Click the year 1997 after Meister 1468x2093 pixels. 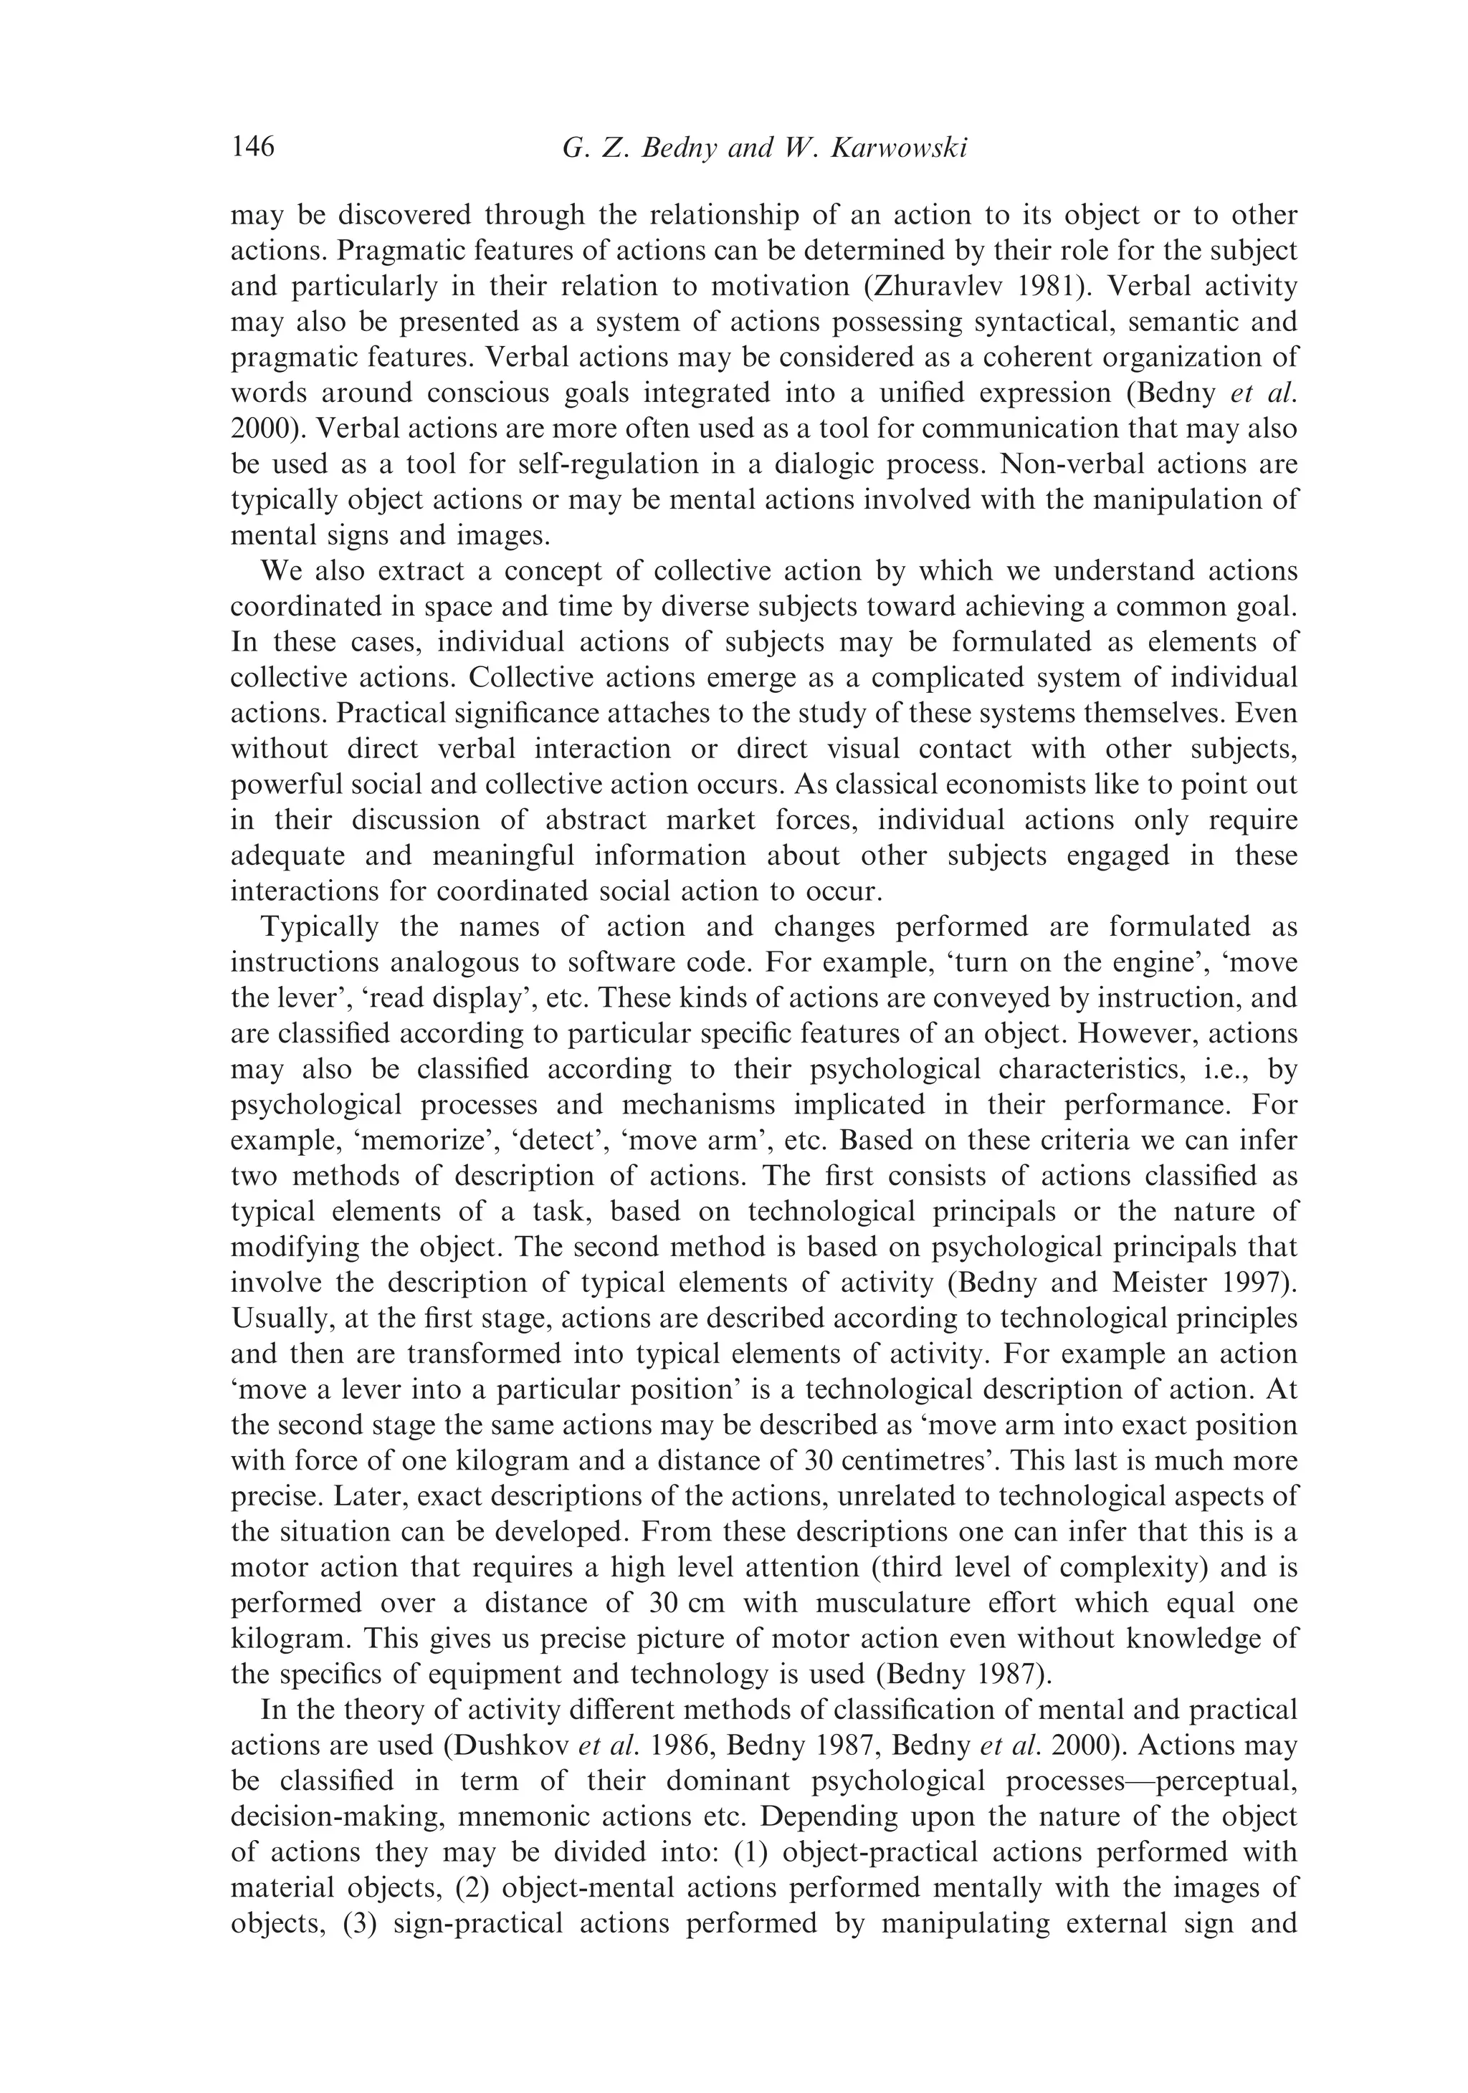pyautogui.click(x=1263, y=1283)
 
